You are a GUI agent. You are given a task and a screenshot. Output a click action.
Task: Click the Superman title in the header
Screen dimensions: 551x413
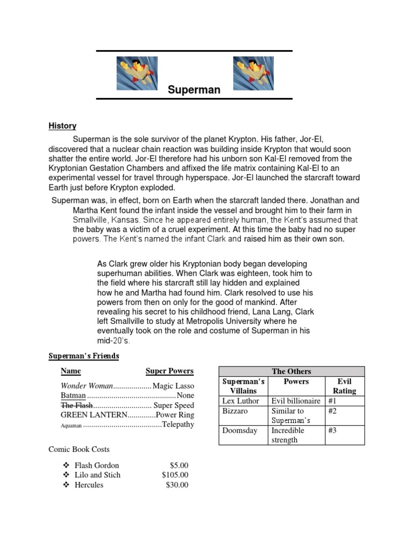pyautogui.click(x=194, y=90)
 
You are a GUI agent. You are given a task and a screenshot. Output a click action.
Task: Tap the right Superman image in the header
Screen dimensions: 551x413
pyautogui.click(x=253, y=74)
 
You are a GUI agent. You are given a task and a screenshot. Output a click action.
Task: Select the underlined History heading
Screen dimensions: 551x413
pyautogui.click(x=62, y=126)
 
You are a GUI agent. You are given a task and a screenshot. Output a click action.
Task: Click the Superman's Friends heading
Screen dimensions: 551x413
pyautogui.click(x=84, y=356)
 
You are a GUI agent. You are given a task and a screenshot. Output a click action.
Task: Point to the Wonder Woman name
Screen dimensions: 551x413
pyautogui.click(x=87, y=386)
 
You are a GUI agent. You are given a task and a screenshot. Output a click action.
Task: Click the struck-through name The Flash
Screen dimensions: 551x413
pyautogui.click(x=77, y=405)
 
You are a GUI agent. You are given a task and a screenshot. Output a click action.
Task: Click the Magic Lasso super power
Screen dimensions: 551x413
pyautogui.click(x=173, y=386)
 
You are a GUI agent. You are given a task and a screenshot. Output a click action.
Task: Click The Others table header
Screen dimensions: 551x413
pyautogui.click(x=291, y=371)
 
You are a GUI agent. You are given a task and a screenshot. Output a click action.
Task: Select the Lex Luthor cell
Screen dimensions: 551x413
pyautogui.click(x=241, y=401)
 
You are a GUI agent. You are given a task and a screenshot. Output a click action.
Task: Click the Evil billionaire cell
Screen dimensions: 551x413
pyautogui.click(x=296, y=401)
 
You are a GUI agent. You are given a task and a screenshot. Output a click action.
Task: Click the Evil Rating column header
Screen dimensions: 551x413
pyautogui.click(x=344, y=386)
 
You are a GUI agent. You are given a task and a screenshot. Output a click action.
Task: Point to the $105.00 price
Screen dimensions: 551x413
pyautogui.click(x=175, y=475)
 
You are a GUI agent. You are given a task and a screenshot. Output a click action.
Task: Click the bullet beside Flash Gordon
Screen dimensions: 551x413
pyautogui.click(x=66, y=465)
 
